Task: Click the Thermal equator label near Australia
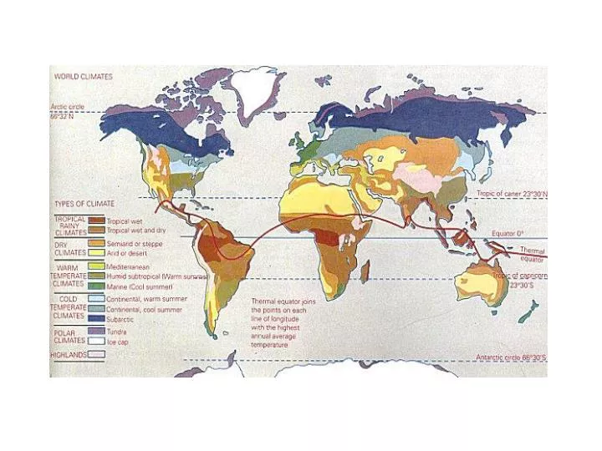(532, 255)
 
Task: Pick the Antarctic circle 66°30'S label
(511, 357)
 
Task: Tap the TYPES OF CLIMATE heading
(84, 203)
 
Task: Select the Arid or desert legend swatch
(96, 251)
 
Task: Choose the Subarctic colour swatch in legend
(96, 317)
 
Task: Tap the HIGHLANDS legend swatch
(96, 354)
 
